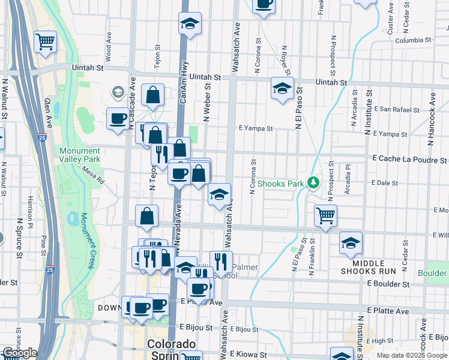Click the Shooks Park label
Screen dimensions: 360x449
click(x=280, y=183)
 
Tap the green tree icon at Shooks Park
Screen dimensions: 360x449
click(x=312, y=182)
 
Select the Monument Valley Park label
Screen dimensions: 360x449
click(x=80, y=155)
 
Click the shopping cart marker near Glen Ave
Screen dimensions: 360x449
click(x=45, y=41)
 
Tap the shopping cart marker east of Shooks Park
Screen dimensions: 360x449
click(x=325, y=215)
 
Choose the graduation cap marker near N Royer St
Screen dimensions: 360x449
click(x=282, y=88)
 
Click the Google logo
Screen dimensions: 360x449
click(x=20, y=353)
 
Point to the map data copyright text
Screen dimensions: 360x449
click(x=411, y=355)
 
